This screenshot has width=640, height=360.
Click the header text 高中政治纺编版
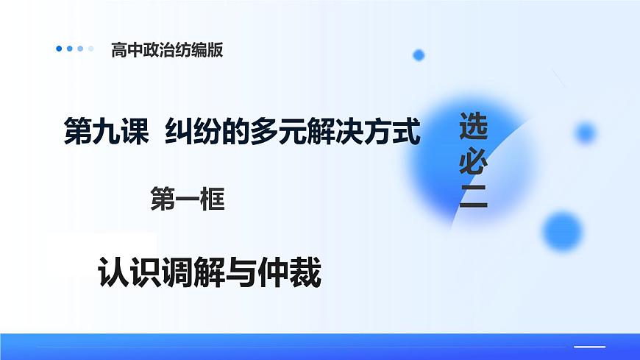tap(166, 50)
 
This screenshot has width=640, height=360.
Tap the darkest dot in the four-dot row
tap(60, 49)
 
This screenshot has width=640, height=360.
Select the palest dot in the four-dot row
tap(90, 49)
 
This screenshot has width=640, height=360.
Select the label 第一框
tap(187, 200)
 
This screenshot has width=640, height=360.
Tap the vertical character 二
tap(473, 197)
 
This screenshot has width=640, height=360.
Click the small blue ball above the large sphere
tap(419, 54)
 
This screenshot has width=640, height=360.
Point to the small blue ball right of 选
tap(586, 133)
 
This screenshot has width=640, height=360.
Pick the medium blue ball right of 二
tap(563, 231)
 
